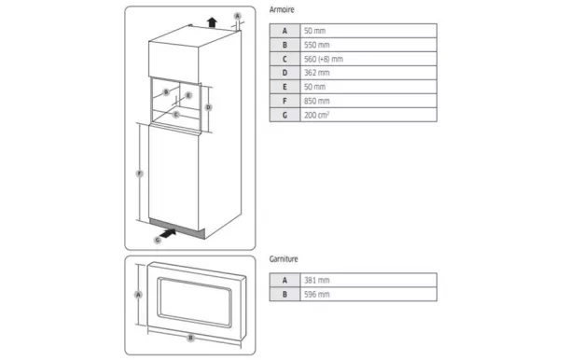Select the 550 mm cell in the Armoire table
317,45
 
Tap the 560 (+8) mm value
323,59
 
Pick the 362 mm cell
317,73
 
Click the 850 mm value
317,101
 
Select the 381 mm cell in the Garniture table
317,279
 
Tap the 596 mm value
317,293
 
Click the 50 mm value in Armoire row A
315,31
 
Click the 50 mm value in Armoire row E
315,87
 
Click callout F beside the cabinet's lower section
139,174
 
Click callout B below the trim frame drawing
190,337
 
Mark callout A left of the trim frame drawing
138,294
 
